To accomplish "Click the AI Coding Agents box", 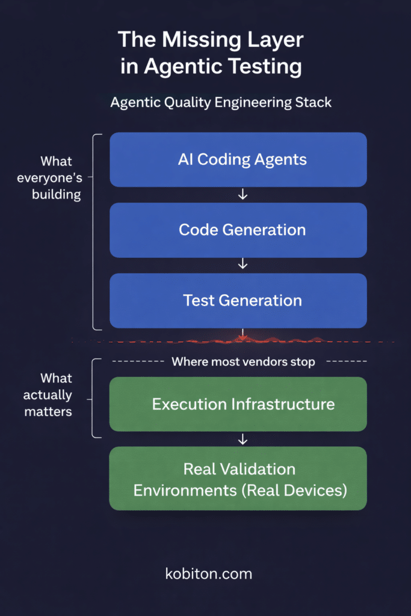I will [x=238, y=160].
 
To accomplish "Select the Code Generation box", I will [x=238, y=230].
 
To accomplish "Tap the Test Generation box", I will [x=238, y=300].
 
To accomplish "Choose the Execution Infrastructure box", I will [x=238, y=404].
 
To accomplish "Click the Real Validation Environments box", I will [x=238, y=479].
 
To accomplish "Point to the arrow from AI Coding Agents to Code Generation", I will [x=243, y=194].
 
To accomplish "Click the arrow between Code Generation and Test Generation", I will [x=243, y=264].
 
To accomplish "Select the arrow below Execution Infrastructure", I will [x=243, y=439].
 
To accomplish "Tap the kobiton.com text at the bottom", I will [x=208, y=573].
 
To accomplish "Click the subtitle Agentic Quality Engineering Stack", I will [x=221, y=102].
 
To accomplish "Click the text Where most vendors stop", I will [x=243, y=362].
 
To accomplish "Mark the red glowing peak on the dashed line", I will [x=242, y=339].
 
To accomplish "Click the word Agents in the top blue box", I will [x=279, y=160].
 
